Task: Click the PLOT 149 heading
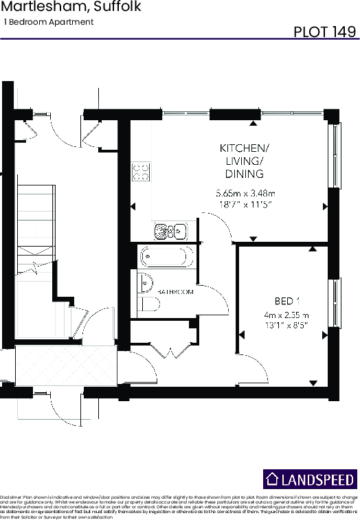click(x=325, y=31)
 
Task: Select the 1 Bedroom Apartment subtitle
click(x=49, y=22)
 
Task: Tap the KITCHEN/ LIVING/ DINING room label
click(x=244, y=161)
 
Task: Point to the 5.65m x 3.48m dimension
click(x=245, y=192)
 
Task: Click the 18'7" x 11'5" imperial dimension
click(x=245, y=205)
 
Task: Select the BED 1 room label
click(x=287, y=301)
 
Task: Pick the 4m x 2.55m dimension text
click(x=286, y=315)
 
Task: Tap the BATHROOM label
click(x=176, y=292)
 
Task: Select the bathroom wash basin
click(x=144, y=281)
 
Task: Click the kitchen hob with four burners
click(x=142, y=170)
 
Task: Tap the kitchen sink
click(x=169, y=231)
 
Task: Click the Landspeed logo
click(x=311, y=479)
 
